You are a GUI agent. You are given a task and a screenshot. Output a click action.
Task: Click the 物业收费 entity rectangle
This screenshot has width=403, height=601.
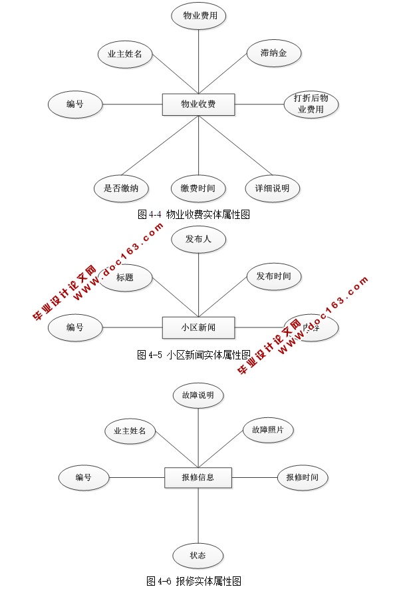pos(198,104)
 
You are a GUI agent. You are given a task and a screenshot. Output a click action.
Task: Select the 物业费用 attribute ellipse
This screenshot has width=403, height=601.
pos(199,16)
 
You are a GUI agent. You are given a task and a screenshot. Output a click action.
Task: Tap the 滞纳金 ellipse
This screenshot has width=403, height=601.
pos(273,53)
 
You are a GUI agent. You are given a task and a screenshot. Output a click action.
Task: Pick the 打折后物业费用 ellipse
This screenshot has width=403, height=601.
pos(311,104)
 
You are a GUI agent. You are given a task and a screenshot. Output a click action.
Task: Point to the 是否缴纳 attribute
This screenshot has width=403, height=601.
pos(120,188)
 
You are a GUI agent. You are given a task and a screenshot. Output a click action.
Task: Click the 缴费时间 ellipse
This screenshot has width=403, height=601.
pos(198,188)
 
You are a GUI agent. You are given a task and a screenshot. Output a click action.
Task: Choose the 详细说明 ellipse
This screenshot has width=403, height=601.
pos(273,188)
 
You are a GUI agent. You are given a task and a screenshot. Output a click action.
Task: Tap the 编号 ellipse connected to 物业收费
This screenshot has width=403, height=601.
pos(75,104)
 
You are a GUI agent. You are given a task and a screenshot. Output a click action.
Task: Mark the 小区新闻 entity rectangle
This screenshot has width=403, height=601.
pos(198,327)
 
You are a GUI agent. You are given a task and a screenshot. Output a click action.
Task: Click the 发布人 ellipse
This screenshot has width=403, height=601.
pos(198,240)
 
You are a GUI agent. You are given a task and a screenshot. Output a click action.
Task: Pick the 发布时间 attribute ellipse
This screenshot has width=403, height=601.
pos(273,276)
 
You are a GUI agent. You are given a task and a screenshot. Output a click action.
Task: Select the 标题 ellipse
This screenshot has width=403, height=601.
pos(125,277)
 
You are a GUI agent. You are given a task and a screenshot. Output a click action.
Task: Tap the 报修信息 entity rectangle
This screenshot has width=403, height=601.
pos(198,477)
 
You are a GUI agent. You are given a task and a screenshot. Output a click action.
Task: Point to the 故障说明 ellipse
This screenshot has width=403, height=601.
pos(198,395)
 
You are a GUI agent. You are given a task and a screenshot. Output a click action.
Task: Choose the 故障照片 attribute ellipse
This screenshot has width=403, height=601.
pos(268,431)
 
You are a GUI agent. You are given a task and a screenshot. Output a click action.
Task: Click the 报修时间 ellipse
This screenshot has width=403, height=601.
pos(303,477)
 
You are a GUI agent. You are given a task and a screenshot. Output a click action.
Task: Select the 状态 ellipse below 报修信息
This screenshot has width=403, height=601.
pos(198,555)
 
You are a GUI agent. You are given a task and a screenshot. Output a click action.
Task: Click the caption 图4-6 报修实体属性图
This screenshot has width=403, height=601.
pos(194,581)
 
